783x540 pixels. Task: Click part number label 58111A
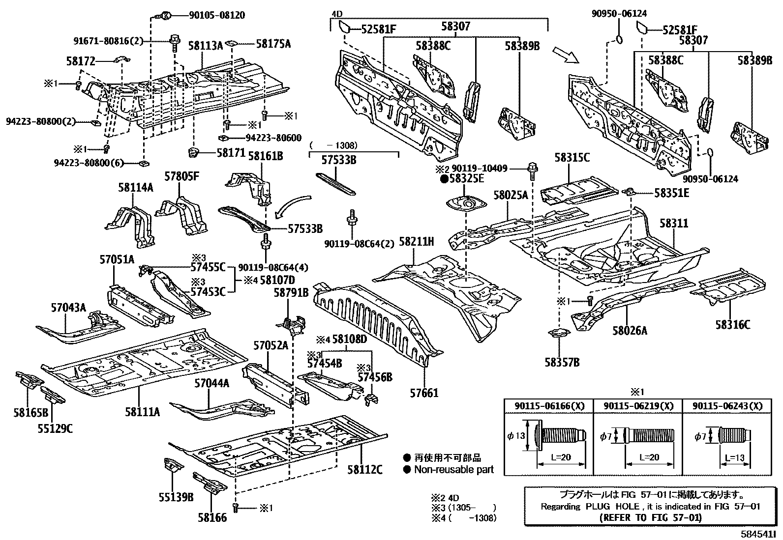coord(142,412)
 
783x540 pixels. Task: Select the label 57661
coord(424,393)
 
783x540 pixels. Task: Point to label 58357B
coord(562,363)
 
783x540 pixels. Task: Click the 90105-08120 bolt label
coord(216,16)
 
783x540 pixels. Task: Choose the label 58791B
coord(291,293)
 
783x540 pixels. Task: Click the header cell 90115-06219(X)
coord(637,406)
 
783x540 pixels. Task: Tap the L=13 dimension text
coord(734,458)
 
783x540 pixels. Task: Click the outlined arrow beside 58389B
coord(566,55)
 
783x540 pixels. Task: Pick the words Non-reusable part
coord(453,469)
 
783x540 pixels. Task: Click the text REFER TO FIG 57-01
coord(651,517)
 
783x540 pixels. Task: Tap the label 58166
coord(212,517)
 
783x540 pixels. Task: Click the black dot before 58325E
coord(444,179)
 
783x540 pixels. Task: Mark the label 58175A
coord(273,44)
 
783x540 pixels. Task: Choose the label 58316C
coord(733,324)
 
